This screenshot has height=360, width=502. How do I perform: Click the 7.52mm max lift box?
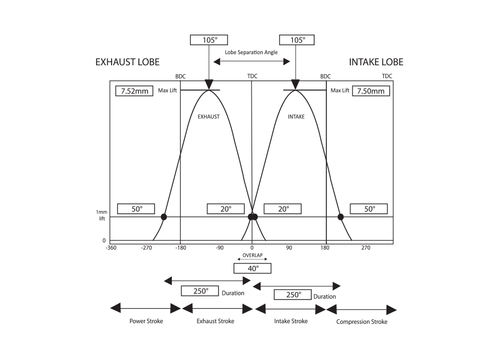coord(134,90)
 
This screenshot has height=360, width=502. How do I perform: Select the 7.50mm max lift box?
coord(371,90)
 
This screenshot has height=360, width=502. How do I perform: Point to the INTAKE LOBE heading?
coord(376,62)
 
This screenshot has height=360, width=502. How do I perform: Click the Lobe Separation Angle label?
coord(250,52)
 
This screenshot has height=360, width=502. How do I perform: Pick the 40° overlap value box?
coord(253,268)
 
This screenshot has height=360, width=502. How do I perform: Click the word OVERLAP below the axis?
coord(253,256)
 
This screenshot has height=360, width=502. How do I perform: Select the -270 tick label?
coord(147,248)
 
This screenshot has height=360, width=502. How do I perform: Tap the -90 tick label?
coord(219,248)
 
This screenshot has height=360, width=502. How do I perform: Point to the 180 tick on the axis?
coord(326,248)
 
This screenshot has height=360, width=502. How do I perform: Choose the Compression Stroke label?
coord(362,322)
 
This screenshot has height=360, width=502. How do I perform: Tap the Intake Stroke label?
coord(291,321)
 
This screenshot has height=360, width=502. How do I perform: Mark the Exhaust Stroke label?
coord(215,321)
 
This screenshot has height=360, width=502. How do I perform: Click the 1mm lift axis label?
coord(101,215)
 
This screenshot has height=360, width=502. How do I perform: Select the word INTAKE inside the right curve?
coord(296,117)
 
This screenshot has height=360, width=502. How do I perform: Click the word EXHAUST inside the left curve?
coord(209,117)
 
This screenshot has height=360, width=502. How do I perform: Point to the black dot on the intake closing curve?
coord(340,217)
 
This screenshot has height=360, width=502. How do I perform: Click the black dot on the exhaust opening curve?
coord(164,217)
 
